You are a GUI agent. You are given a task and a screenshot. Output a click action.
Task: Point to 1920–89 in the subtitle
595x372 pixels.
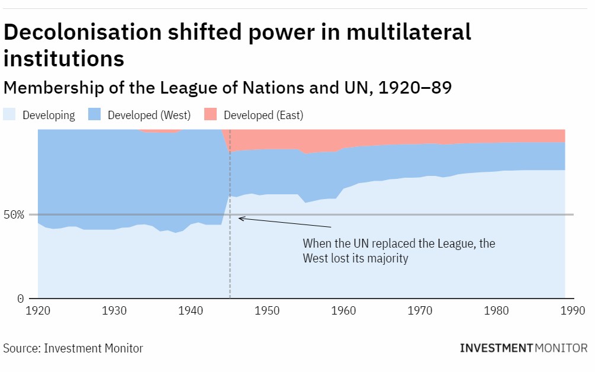coord(415,88)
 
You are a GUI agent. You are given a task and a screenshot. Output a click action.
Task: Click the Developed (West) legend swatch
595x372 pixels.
coord(95,115)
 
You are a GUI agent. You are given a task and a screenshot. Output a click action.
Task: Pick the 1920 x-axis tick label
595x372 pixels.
coord(38,310)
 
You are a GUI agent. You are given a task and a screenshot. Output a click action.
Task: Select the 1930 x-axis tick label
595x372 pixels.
coord(114,310)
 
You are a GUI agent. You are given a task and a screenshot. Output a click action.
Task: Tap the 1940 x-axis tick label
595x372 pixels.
coord(191,310)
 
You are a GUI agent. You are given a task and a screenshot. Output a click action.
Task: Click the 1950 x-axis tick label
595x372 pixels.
coord(267,310)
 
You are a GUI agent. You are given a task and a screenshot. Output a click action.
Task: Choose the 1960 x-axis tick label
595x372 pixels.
coord(343,310)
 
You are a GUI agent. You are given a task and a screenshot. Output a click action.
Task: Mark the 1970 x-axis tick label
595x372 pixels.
coord(420,310)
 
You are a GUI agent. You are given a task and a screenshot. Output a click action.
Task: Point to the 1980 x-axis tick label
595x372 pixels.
coord(496,310)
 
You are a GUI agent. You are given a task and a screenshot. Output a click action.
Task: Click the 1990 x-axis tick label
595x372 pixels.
coord(573,310)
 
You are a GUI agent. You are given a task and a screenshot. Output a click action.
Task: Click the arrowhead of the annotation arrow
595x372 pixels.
coord(240,218)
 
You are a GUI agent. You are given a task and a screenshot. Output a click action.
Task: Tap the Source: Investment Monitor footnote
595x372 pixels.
coord(73,348)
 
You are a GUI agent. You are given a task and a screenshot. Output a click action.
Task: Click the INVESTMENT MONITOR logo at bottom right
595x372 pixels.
coord(523,348)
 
